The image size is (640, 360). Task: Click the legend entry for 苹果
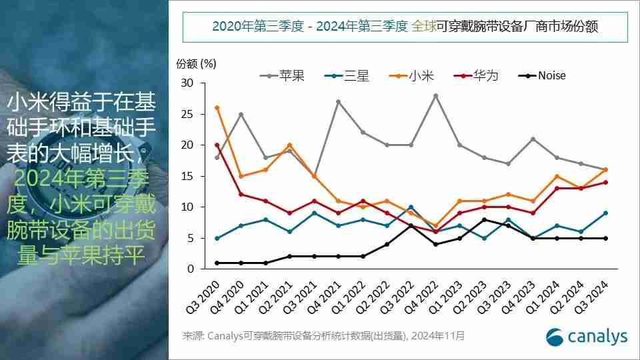click(283, 75)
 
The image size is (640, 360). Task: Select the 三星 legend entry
click(350, 75)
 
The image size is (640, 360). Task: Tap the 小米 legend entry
click(415, 75)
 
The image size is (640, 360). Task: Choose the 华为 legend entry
click(478, 75)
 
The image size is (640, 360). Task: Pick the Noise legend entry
click(543, 75)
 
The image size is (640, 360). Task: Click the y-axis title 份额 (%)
click(196, 64)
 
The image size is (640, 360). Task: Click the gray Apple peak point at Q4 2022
click(435, 96)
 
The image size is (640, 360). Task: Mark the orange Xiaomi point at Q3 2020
click(217, 108)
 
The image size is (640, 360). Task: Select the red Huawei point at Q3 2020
click(217, 145)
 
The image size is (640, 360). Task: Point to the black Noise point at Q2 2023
click(485, 219)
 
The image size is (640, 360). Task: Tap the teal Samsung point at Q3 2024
click(605, 213)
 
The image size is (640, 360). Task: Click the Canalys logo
click(587, 337)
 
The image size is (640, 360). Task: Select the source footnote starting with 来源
click(324, 336)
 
